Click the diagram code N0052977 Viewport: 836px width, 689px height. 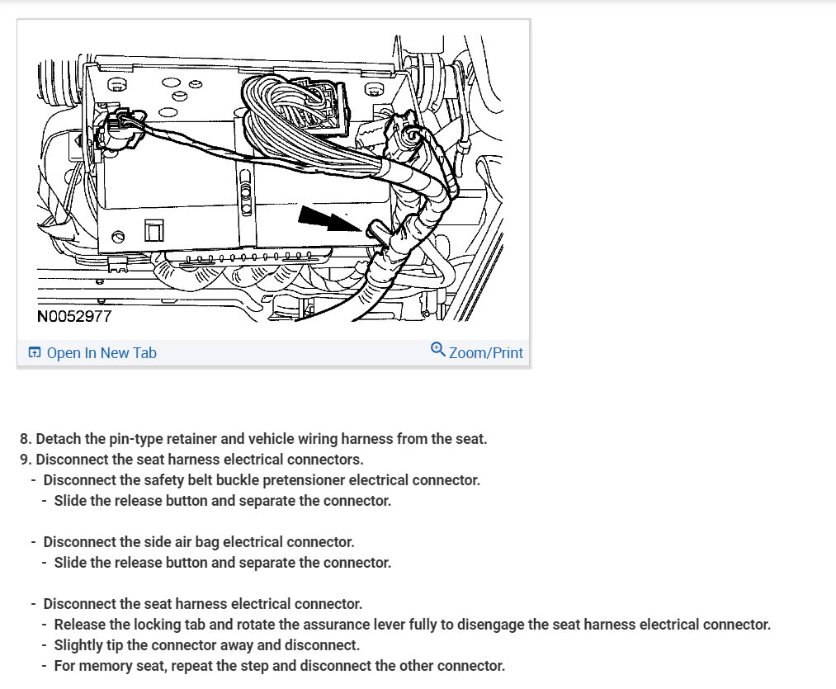point(74,316)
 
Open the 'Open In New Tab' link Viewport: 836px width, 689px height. point(102,353)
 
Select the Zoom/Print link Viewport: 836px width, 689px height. point(485,353)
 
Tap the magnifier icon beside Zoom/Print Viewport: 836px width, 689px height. point(438,350)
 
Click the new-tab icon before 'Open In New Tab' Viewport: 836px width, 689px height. point(35,353)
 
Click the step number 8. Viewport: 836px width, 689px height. point(25,439)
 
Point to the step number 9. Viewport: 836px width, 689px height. point(25,460)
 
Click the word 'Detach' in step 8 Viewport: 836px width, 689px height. point(57,439)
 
